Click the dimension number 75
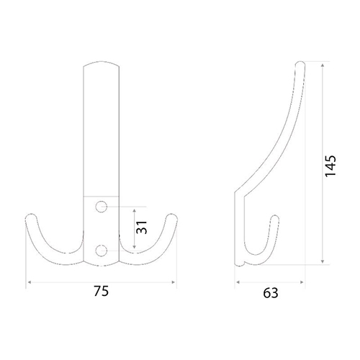101,291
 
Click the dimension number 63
271,293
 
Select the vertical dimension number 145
330,166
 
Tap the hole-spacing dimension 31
141,227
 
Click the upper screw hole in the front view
102,207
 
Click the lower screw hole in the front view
102,251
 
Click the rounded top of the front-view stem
101,63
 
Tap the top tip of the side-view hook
300,63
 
